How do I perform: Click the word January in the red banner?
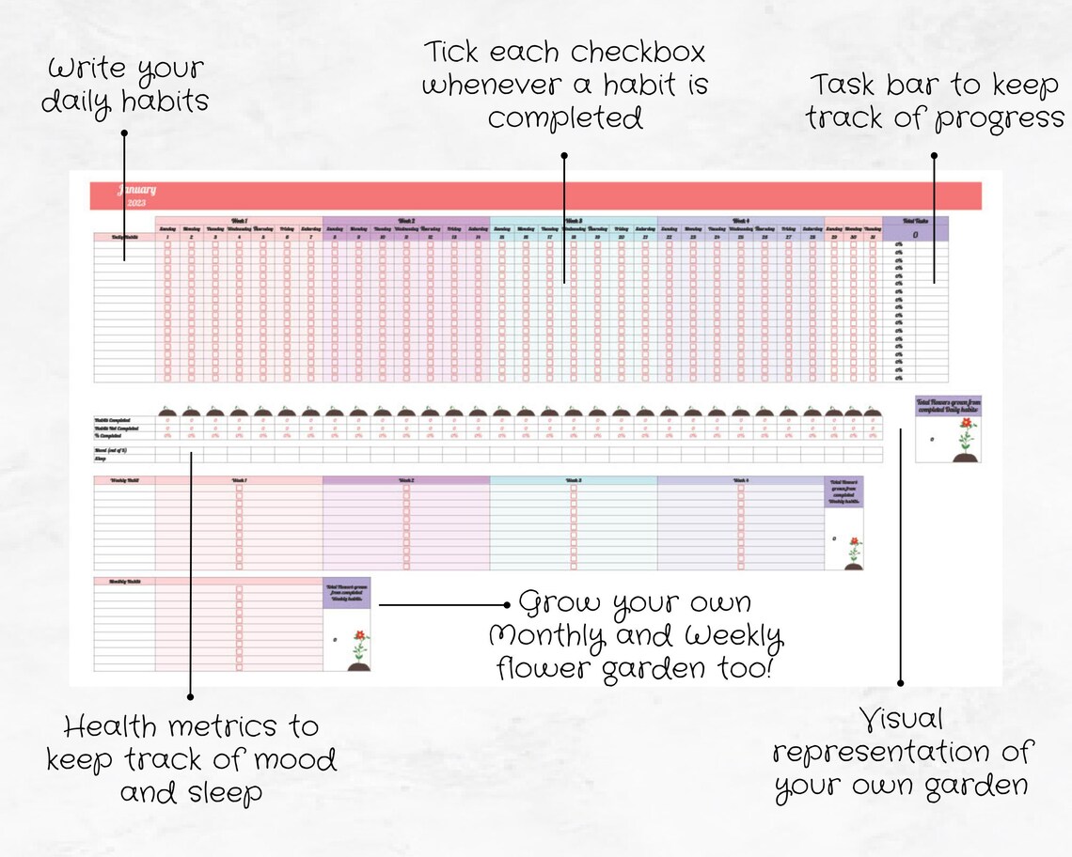(x=137, y=190)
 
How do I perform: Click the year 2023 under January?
(x=137, y=202)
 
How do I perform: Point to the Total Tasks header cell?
(x=915, y=220)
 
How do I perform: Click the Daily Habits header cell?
(x=124, y=237)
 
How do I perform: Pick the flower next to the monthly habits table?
(x=359, y=648)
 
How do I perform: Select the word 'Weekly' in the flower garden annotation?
(x=733, y=636)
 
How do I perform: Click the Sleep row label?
(x=100, y=459)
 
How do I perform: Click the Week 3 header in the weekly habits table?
(x=574, y=480)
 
